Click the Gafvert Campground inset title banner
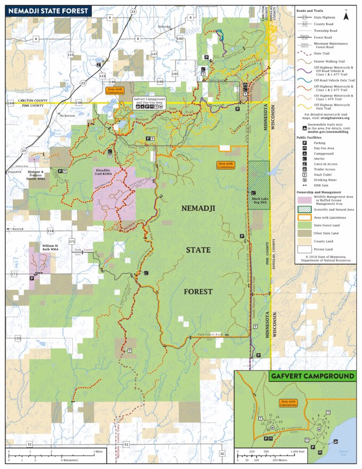[x=312, y=376]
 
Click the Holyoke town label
[x=164, y=26]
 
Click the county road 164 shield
[x=10, y=102]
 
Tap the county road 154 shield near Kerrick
[x=50, y=230]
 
